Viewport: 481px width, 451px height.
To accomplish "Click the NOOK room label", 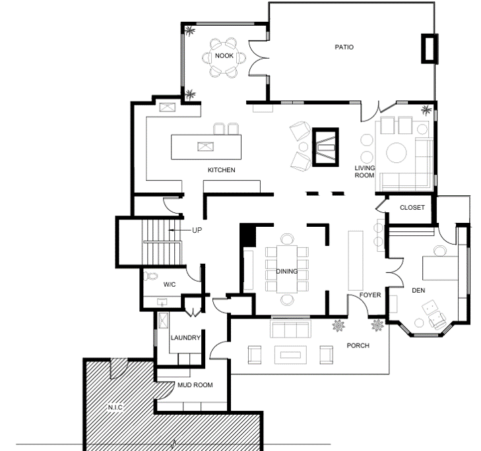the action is click(x=224, y=56).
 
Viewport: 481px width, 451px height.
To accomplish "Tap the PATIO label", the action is click(x=344, y=47).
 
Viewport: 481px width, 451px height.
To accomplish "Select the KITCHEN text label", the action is click(x=222, y=170).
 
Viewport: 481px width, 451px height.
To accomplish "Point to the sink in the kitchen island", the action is click(x=205, y=146).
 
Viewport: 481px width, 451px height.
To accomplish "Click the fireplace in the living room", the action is click(x=325, y=147).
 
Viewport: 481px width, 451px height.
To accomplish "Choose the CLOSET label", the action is click(x=412, y=208).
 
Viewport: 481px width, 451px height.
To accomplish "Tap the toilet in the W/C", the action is click(x=150, y=276).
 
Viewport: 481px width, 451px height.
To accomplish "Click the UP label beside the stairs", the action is click(x=197, y=230).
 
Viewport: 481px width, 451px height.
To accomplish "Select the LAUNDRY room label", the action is click(x=185, y=338).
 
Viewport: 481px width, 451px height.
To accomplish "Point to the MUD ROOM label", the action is click(x=195, y=385).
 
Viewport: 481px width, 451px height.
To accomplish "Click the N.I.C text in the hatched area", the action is click(x=115, y=407).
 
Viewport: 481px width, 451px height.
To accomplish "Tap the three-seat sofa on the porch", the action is click(x=290, y=328).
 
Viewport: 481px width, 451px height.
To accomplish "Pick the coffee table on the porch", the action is click(x=290, y=355).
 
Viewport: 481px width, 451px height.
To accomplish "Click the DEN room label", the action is click(x=418, y=290).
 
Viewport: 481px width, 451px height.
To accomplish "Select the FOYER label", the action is click(x=370, y=295).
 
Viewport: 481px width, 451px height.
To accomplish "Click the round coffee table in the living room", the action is click(x=397, y=152).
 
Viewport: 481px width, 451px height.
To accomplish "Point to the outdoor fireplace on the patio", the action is click(x=430, y=49).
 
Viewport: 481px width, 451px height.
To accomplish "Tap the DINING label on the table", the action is click(x=287, y=272).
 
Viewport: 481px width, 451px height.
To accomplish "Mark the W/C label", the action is click(x=170, y=285).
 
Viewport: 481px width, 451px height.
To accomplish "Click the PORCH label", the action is click(x=358, y=346).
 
